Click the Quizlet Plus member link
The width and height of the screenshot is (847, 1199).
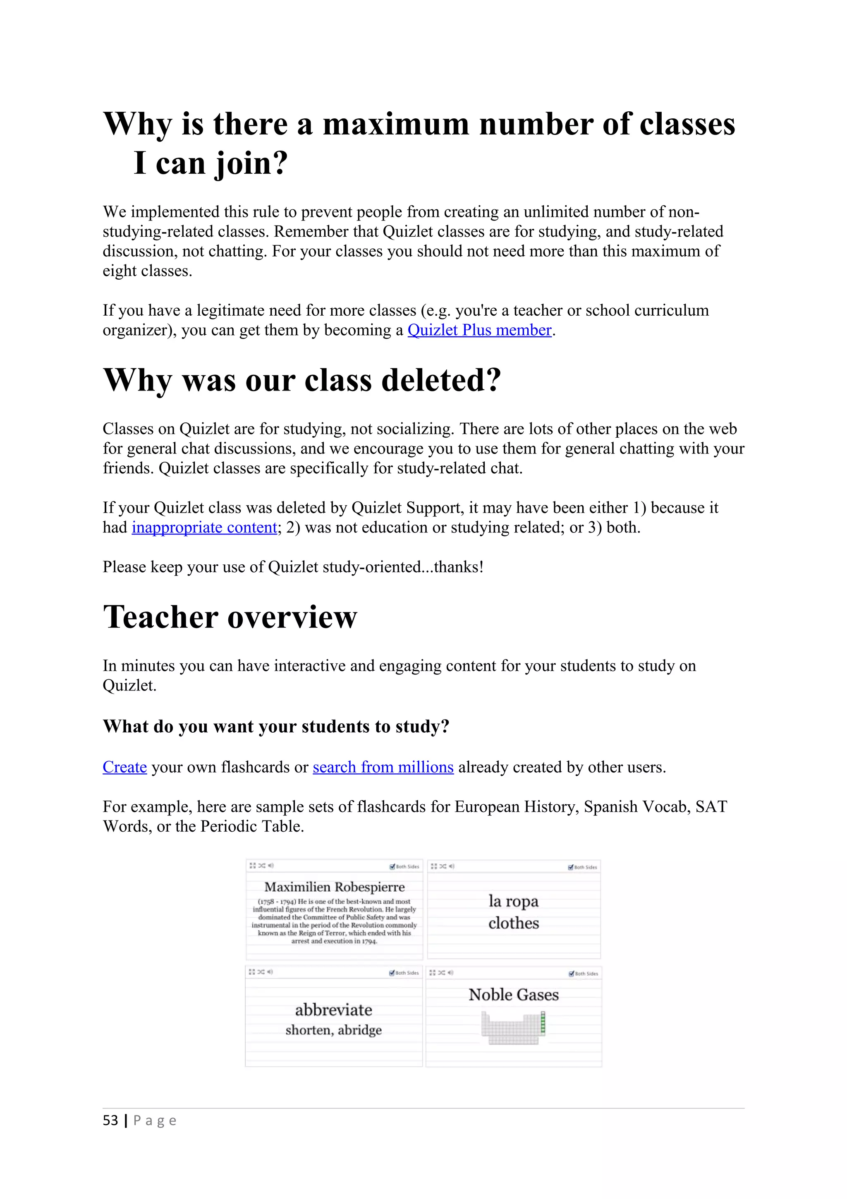[x=479, y=331]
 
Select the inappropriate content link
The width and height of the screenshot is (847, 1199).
[x=204, y=528]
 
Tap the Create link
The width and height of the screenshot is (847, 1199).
[x=125, y=767]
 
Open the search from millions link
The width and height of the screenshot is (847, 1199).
[x=383, y=767]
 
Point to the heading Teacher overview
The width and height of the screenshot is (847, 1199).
[x=230, y=617]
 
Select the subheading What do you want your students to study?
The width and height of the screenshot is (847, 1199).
[x=276, y=727]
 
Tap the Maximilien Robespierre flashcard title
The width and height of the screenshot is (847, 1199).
[x=335, y=887]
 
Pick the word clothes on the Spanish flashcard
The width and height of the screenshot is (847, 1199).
[x=514, y=923]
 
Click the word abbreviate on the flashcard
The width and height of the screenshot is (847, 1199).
[x=333, y=1010]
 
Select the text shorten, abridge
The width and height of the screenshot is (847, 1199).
[x=333, y=1030]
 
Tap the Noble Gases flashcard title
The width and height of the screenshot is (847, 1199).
[x=514, y=995]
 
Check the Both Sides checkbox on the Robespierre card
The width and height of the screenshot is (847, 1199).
[x=392, y=867]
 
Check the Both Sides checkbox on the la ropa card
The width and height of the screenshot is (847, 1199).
[x=571, y=868]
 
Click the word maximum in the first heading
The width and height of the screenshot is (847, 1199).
[x=395, y=125]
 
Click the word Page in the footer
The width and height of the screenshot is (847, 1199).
[x=155, y=1121]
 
